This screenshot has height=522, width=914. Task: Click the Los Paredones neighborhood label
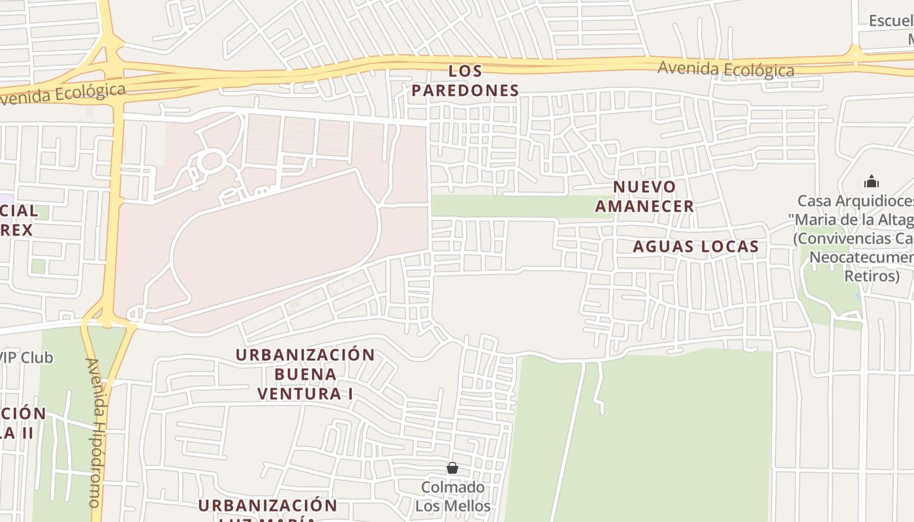click(x=465, y=80)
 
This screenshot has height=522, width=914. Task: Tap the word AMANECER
click(x=644, y=206)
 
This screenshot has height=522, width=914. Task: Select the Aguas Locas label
click(x=696, y=247)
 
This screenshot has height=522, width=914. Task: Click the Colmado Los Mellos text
click(x=453, y=497)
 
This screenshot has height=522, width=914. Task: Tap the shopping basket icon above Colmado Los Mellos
click(x=452, y=468)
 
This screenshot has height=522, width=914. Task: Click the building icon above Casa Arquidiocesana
click(x=871, y=181)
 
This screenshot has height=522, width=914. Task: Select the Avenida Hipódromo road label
click(x=95, y=432)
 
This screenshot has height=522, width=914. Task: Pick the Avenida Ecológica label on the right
click(x=725, y=69)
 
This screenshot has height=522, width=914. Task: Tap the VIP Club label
click(x=26, y=358)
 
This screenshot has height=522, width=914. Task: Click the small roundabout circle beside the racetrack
click(x=212, y=161)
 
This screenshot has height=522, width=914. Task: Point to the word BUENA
click(x=306, y=375)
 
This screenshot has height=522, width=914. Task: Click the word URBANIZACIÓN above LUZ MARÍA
click(x=268, y=506)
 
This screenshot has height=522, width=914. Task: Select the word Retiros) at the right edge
click(x=872, y=275)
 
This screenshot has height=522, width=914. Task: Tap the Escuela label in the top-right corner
click(x=892, y=21)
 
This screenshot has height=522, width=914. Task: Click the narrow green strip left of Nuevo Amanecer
click(x=516, y=206)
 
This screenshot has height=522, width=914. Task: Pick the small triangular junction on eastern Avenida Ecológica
click(x=855, y=51)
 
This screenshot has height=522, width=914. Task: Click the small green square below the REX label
click(x=39, y=266)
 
